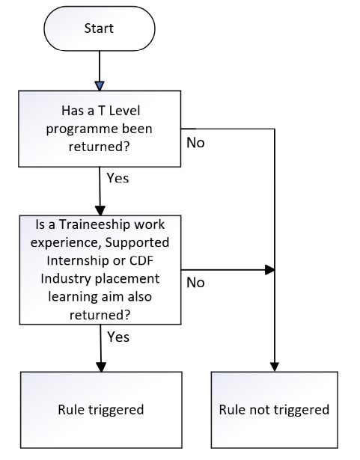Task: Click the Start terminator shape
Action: coord(100,28)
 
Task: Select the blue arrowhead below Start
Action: coord(100,86)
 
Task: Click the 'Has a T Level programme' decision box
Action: coord(100,129)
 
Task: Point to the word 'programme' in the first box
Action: coord(80,129)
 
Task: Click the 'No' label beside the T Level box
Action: coord(195,143)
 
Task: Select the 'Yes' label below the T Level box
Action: coord(118,178)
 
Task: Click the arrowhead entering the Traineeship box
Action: coord(100,211)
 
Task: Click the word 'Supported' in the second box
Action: coord(137,242)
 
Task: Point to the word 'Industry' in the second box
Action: coord(66,279)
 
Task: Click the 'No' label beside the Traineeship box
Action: coord(195,283)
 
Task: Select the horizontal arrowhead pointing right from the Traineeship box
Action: coord(270,269)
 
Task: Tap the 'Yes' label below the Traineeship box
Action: coord(118,337)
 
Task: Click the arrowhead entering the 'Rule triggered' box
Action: coord(101,367)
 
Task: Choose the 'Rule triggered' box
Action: coord(101,410)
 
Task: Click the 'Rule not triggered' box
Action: coord(274,410)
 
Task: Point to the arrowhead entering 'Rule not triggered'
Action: coord(275,367)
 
